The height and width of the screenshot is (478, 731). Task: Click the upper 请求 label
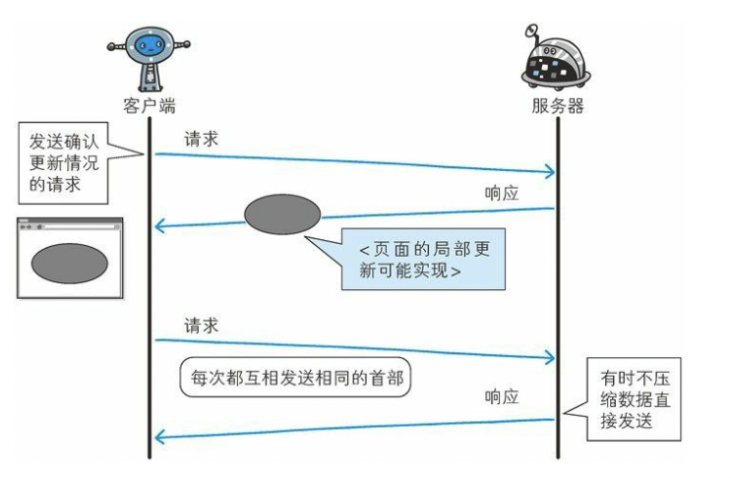(201, 139)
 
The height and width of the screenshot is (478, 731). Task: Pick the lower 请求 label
(201, 326)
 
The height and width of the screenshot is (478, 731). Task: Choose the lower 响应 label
(503, 396)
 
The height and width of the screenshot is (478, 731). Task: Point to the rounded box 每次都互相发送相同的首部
(294, 380)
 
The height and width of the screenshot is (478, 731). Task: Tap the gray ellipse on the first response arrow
(282, 214)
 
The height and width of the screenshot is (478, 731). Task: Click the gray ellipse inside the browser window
(69, 262)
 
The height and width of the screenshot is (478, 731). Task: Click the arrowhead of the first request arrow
(550, 173)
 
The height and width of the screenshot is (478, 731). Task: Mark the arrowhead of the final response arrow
(160, 437)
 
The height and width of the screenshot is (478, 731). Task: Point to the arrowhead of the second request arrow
(550, 358)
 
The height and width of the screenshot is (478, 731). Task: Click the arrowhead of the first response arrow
(160, 228)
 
